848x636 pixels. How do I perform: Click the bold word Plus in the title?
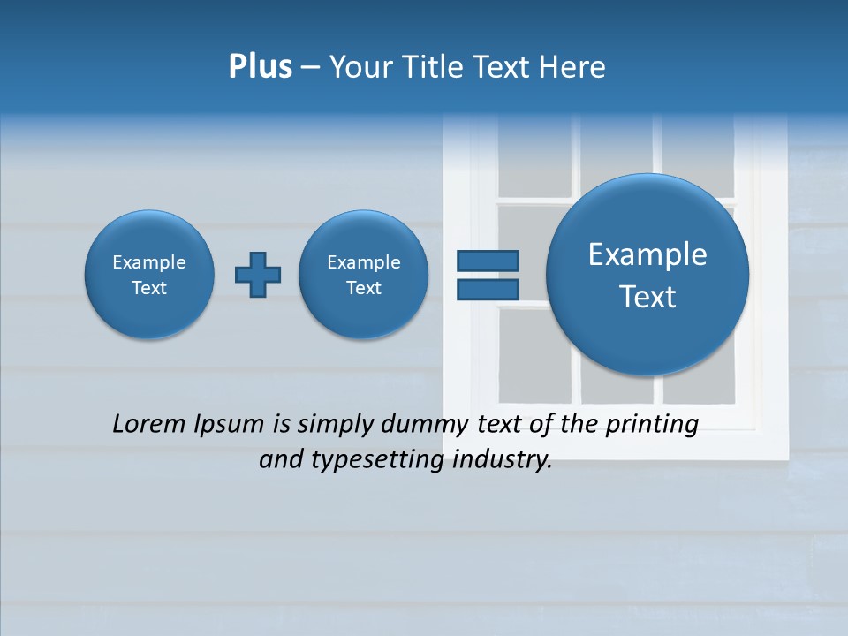point(260,67)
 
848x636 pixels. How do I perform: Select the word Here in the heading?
point(574,67)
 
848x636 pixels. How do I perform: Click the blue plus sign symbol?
point(258,275)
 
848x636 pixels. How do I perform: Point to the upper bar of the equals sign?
point(488,261)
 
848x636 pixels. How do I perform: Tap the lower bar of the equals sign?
point(488,289)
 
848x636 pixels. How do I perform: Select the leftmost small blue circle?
point(149,275)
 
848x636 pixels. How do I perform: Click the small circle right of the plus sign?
point(363,275)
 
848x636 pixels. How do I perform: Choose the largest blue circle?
point(647,275)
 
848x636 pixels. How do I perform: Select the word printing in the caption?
point(652,425)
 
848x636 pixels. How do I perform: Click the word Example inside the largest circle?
point(647,254)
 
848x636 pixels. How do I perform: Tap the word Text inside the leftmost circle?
point(149,288)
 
